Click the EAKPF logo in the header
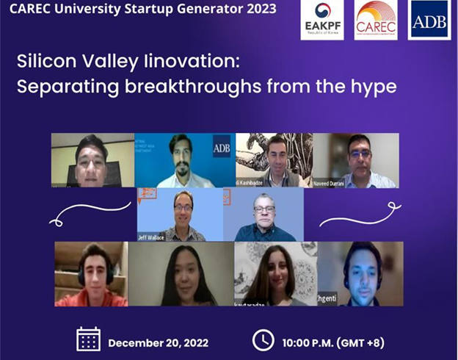[322, 20]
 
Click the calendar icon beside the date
[89, 339]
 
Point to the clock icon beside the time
[263, 339]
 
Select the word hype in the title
[371, 87]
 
